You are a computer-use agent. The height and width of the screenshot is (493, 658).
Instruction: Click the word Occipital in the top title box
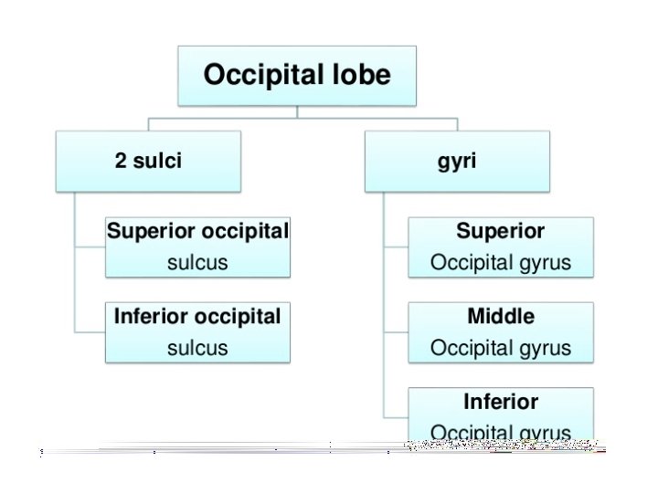(x=261, y=74)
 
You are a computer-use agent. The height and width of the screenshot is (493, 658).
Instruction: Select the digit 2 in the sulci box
(x=121, y=162)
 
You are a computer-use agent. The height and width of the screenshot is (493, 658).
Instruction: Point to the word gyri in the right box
(x=457, y=162)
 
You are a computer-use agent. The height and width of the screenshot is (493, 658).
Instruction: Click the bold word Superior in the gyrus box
(x=500, y=232)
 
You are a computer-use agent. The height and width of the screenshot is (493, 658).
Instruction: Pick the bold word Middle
(x=501, y=317)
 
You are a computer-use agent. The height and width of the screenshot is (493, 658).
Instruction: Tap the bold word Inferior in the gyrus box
(x=501, y=402)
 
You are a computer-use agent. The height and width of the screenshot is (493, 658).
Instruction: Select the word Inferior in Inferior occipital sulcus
(x=149, y=317)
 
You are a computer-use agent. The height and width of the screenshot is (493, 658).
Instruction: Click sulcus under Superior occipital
(x=197, y=263)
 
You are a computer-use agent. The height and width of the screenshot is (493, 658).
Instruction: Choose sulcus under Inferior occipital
(x=197, y=348)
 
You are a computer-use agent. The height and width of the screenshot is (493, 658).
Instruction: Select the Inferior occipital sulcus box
(x=197, y=332)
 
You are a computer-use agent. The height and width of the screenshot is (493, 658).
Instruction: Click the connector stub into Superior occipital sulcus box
(x=90, y=246)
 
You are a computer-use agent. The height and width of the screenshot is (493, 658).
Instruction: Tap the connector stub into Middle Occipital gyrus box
(x=395, y=332)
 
